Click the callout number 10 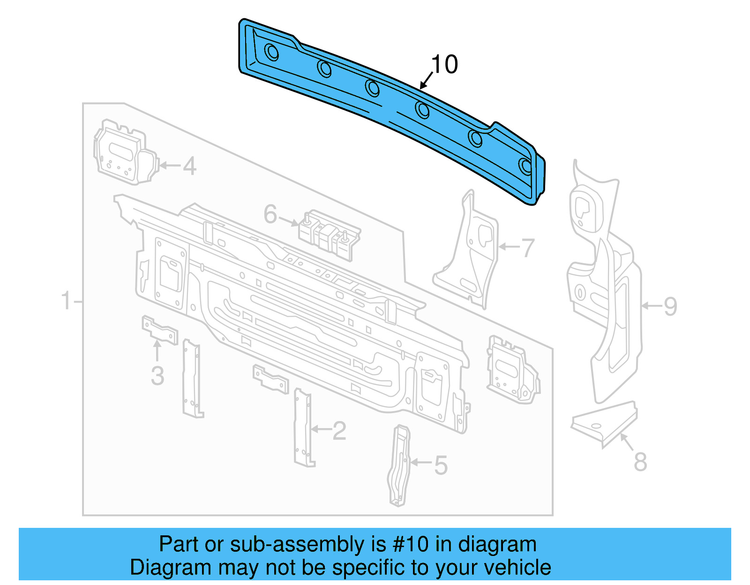444,65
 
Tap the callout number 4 189,166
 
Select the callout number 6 270,214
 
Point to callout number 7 528,248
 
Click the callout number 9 670,306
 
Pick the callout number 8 640,461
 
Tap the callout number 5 441,465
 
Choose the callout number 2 339,430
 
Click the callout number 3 157,376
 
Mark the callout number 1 66,301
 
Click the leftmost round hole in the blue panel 271,52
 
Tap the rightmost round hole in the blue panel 526,166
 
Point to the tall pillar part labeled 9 605,290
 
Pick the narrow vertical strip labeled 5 399,466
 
